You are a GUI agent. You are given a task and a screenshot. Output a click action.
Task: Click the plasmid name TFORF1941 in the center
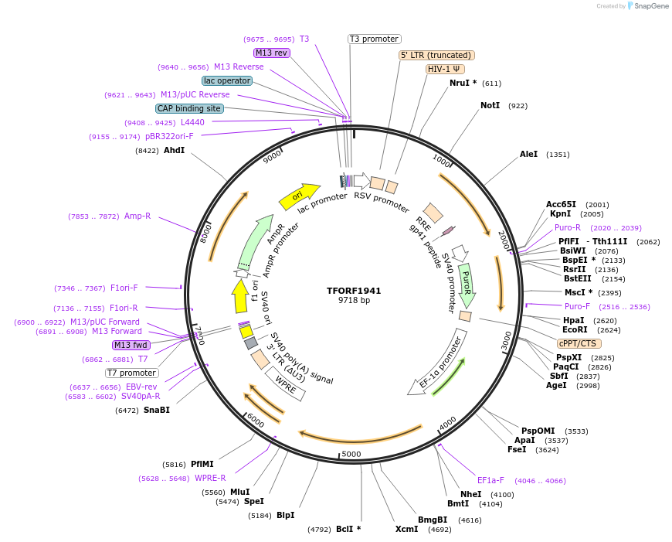tap(354, 291)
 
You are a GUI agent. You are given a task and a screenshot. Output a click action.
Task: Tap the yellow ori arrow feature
tap(300, 196)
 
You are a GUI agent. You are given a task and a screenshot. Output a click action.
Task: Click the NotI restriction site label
tap(490, 105)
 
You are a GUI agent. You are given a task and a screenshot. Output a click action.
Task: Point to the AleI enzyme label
tap(528, 155)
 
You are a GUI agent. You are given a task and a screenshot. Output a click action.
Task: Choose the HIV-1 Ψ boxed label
tap(445, 69)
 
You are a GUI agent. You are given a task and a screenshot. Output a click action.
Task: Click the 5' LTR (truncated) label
tap(436, 56)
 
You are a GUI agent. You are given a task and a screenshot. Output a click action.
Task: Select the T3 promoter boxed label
tap(374, 39)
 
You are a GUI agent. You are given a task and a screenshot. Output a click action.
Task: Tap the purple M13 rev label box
tap(271, 53)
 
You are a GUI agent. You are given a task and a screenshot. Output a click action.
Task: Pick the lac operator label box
tap(227, 80)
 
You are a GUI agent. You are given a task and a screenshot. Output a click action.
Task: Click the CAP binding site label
tap(189, 108)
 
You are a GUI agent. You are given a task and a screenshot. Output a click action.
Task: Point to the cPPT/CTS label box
tap(579, 343)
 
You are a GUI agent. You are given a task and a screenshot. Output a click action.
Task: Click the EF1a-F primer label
tap(490, 480)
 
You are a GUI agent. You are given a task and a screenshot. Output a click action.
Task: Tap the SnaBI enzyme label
tap(157, 410)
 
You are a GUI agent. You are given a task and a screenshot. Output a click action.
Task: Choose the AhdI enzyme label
tap(174, 150)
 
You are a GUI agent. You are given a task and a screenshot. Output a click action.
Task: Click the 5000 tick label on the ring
tap(351, 454)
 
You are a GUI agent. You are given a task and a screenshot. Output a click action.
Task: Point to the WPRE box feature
tap(285, 383)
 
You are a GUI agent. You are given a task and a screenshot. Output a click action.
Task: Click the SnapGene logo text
tap(650, 6)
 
